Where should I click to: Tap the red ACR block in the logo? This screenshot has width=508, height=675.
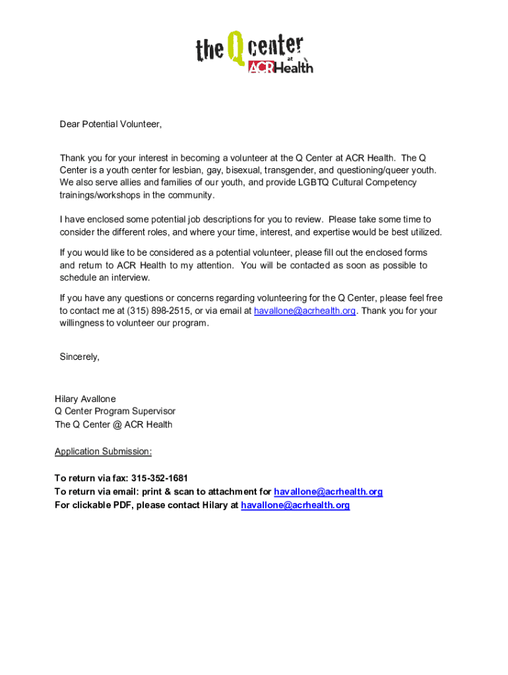[260, 67]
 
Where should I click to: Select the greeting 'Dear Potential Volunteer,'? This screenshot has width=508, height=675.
[110, 124]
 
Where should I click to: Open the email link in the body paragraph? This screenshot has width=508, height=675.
[305, 310]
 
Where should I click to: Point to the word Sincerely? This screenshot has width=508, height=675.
[79, 357]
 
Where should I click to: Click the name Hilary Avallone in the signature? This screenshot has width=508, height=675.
[85, 399]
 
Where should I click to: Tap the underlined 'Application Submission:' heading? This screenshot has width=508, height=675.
[103, 452]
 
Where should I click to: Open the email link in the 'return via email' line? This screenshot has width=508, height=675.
[328, 492]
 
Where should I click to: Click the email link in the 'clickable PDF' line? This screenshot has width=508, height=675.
[295, 505]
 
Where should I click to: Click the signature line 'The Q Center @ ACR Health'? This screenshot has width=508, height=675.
[113, 425]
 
